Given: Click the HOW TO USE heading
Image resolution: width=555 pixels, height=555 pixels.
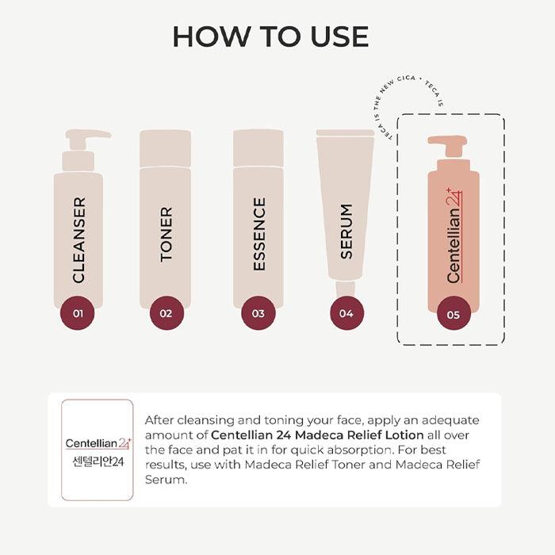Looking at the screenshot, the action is pos(271,36).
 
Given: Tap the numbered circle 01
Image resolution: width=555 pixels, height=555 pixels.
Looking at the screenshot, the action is pos(78,313).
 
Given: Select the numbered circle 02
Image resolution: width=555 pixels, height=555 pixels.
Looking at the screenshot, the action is pos(166,313).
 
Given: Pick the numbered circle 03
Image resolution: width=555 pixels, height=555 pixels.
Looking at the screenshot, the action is pos(258,313).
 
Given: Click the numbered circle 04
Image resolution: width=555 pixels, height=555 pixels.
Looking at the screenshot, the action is pos(346,313).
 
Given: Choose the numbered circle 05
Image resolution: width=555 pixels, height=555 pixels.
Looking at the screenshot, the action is pos(454,314).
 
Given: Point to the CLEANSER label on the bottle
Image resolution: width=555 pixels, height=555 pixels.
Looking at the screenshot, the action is pos(79,240).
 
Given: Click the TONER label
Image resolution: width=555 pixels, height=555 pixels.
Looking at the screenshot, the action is pos(166,235).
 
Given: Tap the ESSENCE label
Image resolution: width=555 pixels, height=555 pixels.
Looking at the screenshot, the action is pos(259,235).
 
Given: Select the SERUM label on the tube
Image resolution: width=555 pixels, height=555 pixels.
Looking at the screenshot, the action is pos(346,232).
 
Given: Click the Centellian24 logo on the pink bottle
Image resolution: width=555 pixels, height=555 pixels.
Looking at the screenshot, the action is pos(454,235).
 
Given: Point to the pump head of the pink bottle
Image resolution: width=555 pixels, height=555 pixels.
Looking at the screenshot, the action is pos(447,144).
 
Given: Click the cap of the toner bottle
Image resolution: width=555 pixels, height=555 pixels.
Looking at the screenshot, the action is pos(165,148).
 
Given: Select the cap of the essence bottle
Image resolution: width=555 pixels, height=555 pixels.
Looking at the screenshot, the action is pos(258,148).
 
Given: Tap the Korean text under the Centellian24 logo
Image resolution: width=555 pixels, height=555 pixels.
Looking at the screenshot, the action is pos(98,461).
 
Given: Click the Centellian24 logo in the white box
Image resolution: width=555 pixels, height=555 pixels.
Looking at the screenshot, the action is pos(98,443).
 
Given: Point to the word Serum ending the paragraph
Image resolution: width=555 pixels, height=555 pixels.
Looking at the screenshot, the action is pos(166,480).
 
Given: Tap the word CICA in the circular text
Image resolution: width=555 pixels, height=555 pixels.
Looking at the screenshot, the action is pos(406,79).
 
